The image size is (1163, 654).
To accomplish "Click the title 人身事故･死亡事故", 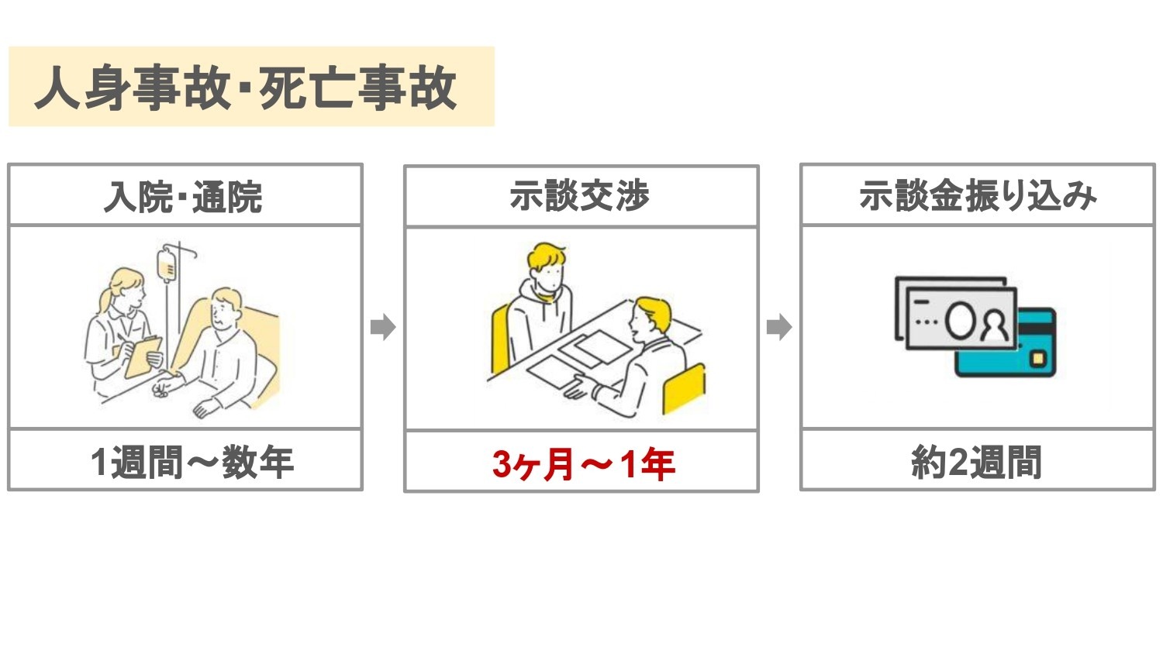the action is tap(245, 88).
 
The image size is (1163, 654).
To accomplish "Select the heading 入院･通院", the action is tap(183, 197).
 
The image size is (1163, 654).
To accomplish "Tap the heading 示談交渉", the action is tap(579, 196).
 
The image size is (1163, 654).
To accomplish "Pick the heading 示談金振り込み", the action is tap(978, 196).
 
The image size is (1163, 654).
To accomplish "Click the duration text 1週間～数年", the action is tap(192, 461).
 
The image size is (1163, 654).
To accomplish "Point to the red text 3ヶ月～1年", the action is tap(584, 463).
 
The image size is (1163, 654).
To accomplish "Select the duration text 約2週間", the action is tap(977, 461).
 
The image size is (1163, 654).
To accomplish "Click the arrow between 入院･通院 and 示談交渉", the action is tap(383, 327).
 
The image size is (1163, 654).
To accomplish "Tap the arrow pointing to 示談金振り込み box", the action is tap(779, 327).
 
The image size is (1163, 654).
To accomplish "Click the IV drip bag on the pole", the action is tap(167, 265).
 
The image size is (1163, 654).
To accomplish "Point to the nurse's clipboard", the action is tap(143, 356).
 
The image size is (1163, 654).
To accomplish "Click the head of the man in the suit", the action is tap(651, 317).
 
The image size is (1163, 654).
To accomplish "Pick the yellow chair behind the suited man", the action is tap(685, 388).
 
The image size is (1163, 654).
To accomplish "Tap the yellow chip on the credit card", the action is tap(1038, 359).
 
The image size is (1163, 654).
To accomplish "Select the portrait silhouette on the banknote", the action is tap(994, 325).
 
